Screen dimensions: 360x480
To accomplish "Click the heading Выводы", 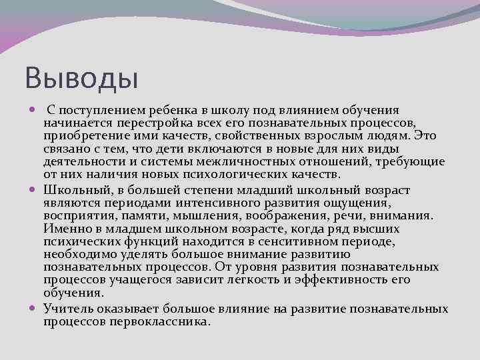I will (x=81, y=77).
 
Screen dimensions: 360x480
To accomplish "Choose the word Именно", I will (x=64, y=229).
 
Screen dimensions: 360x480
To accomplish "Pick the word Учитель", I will (x=68, y=309).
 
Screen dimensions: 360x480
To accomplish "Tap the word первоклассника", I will (x=155, y=322).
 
